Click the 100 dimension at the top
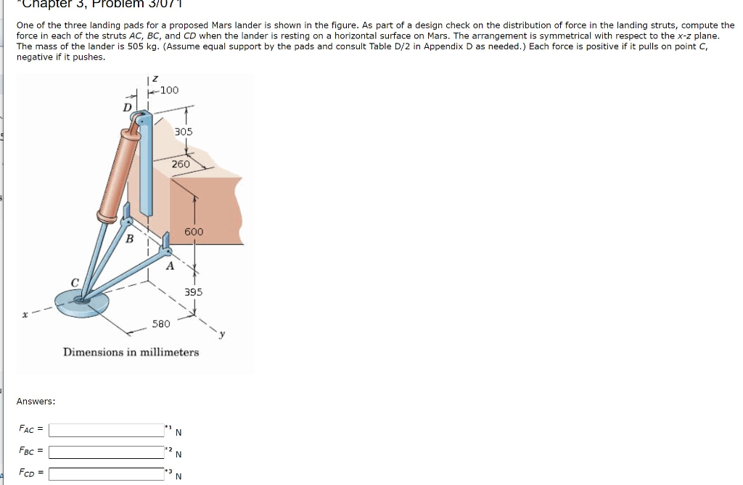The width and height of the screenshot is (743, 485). point(169,90)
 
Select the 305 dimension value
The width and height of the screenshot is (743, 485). point(184,131)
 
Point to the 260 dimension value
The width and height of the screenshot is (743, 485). point(181,164)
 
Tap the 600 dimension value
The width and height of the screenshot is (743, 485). point(194,231)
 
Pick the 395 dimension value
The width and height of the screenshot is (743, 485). point(194,291)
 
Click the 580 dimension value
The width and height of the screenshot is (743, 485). point(161,323)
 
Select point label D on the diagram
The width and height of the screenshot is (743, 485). point(128,107)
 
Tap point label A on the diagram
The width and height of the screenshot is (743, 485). point(170,266)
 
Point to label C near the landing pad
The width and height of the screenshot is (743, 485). point(74,283)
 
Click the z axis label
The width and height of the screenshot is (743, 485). point(154,78)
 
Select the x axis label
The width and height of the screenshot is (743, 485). point(25,315)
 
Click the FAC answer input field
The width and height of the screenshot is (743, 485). point(106,430)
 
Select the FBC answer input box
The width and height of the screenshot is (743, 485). point(106,452)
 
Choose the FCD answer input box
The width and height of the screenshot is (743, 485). point(106,474)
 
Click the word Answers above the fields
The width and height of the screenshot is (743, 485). point(36,401)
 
